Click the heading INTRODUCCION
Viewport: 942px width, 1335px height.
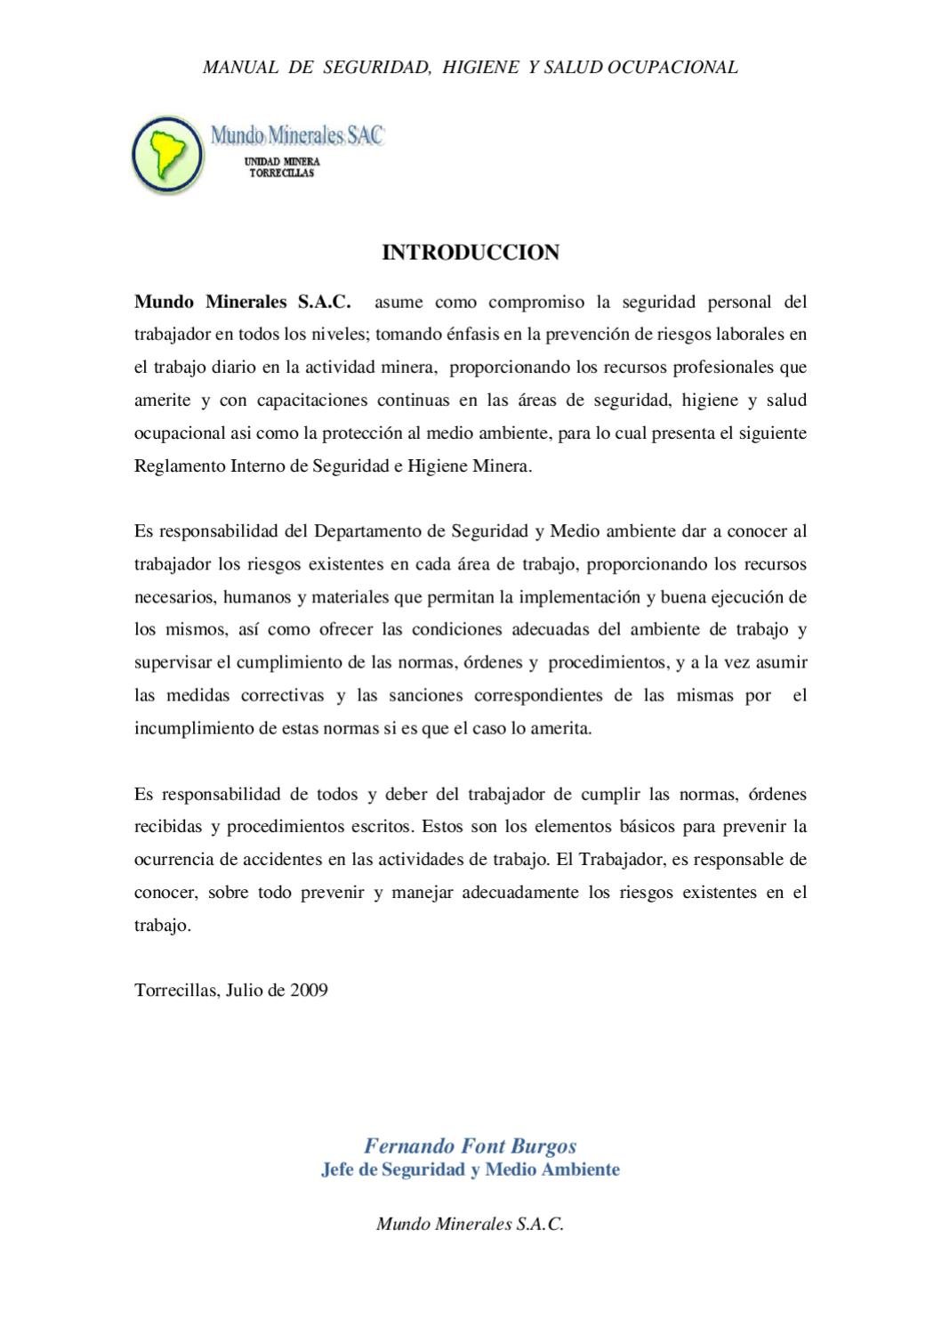[x=471, y=253]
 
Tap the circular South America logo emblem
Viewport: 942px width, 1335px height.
[x=167, y=154]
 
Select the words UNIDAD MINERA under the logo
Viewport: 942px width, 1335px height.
[x=282, y=161]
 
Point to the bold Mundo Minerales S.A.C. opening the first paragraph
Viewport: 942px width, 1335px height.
[x=243, y=302]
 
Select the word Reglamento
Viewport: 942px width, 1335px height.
[x=178, y=465]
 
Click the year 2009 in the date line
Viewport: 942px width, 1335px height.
[x=309, y=990]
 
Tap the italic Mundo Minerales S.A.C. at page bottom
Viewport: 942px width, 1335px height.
[x=471, y=1224]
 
